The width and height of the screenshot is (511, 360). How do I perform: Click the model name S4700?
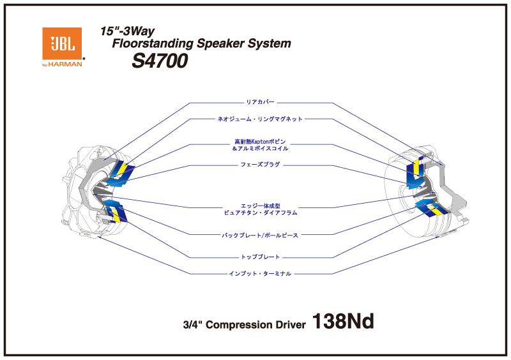pos(159,60)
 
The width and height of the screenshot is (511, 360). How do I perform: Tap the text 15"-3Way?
pos(128,31)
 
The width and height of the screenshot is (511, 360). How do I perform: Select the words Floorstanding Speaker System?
pos(201,44)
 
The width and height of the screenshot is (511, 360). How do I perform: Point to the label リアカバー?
pos(260,101)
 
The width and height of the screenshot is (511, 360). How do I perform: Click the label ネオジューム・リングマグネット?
pos(260,119)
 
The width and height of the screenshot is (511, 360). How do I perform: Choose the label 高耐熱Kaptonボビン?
pos(260,141)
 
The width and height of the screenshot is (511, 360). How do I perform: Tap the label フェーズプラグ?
pos(260,165)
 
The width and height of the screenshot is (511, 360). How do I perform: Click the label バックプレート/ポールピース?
pos(260,235)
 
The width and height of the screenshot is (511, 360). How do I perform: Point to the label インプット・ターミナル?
pos(260,273)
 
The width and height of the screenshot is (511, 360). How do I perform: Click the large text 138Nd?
pos(342,322)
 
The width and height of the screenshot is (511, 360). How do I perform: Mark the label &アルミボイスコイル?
pos(260,148)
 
